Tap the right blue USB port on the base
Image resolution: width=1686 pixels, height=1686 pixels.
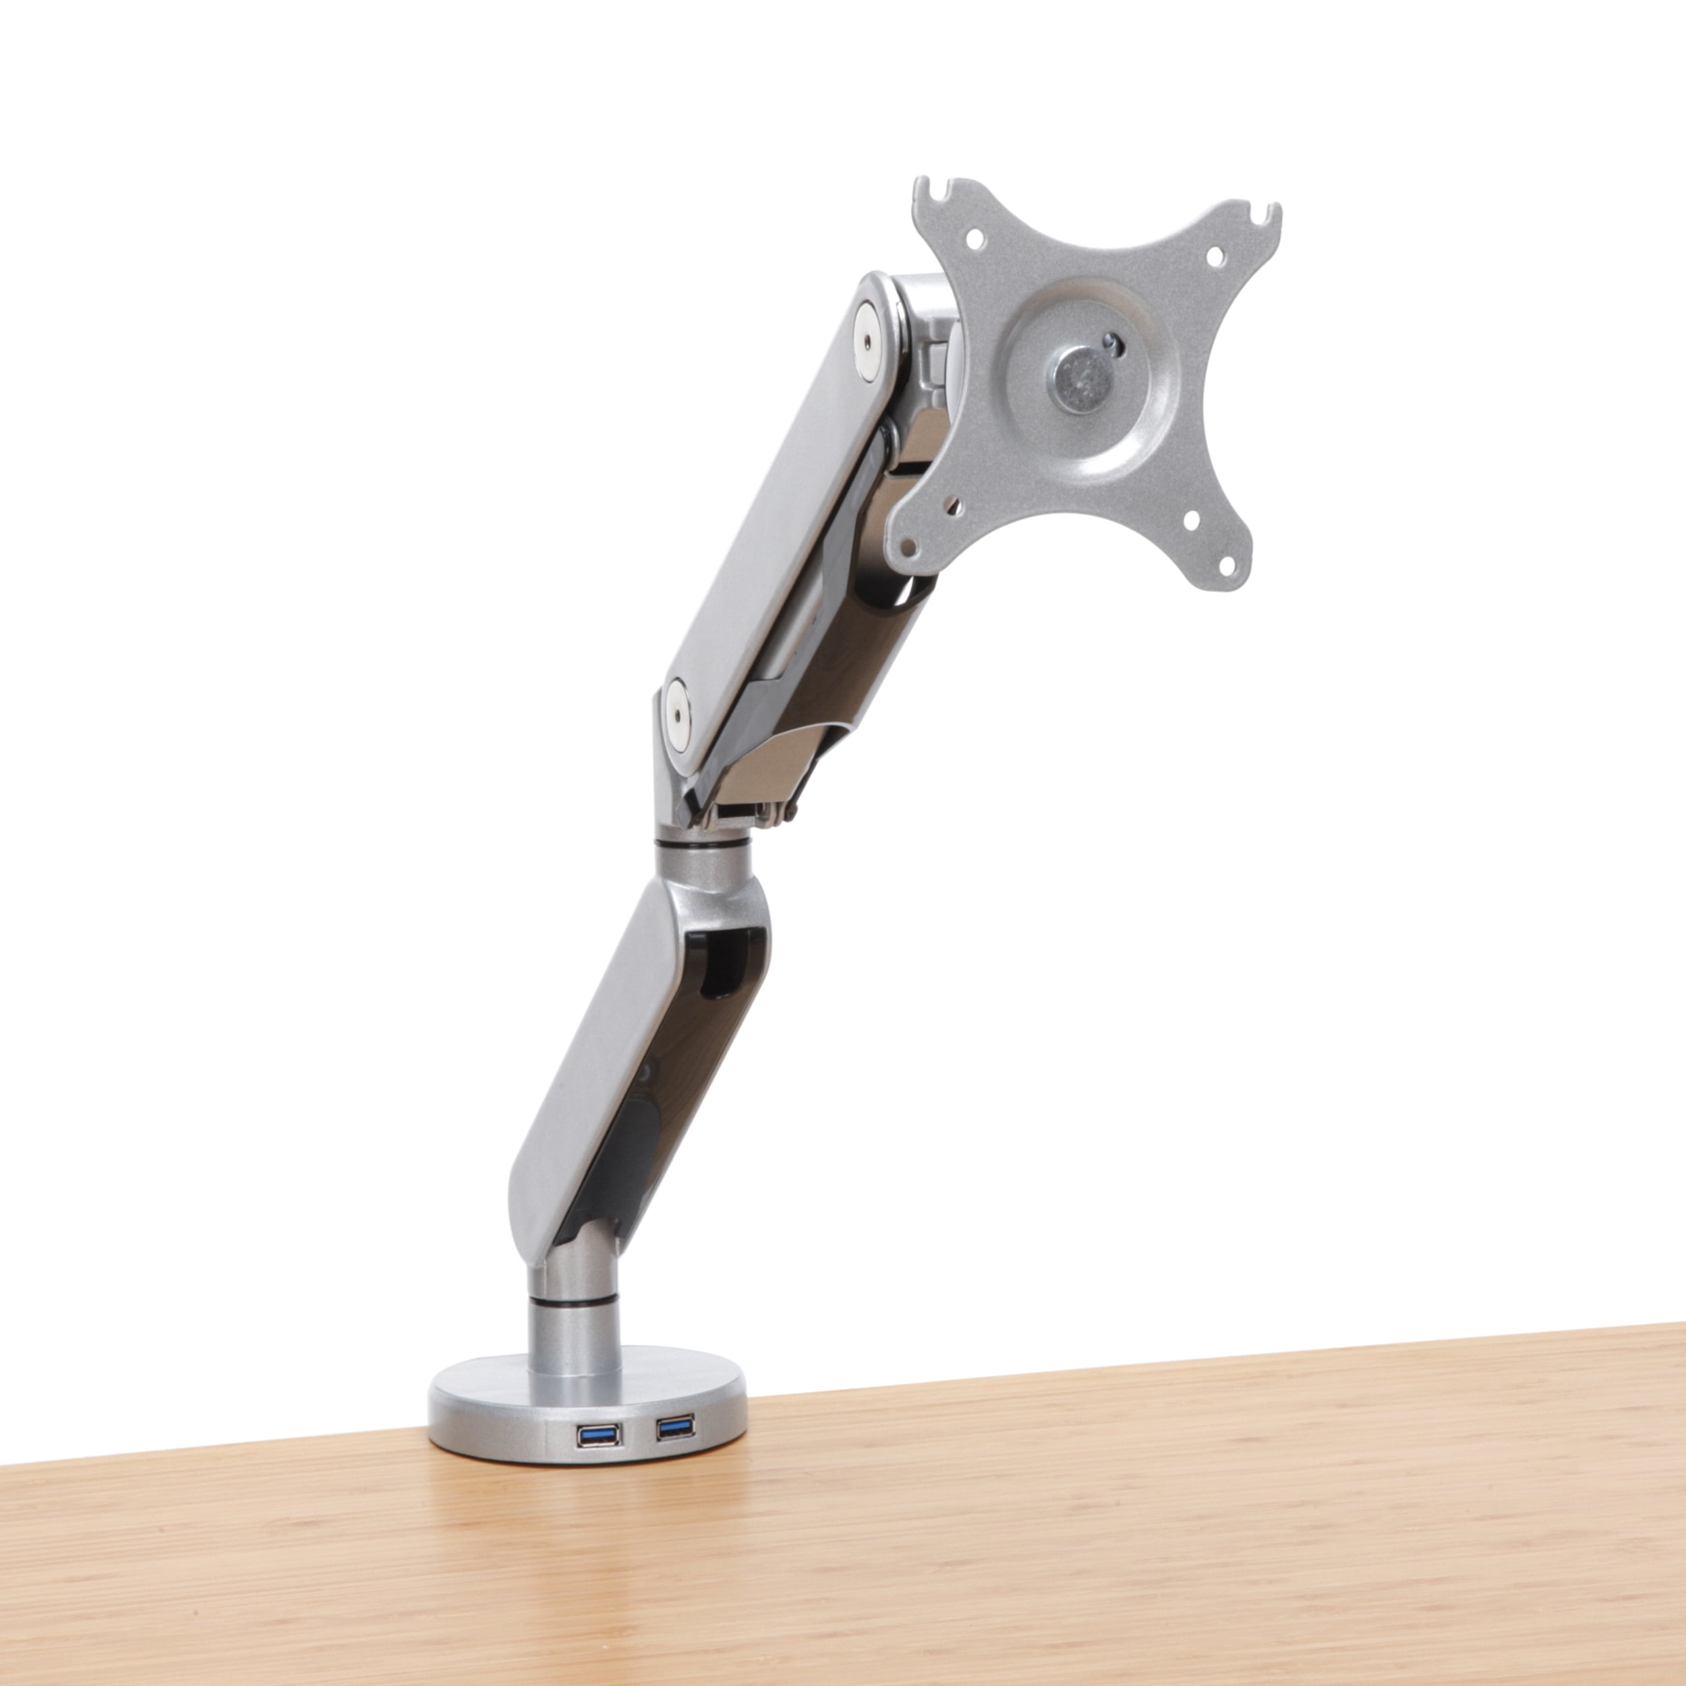coord(676,1428)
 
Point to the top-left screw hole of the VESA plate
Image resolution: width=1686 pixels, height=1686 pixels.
coord(975,237)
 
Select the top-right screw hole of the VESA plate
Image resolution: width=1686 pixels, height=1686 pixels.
coord(1214,256)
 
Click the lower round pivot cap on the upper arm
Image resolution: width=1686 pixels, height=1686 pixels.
coord(676,706)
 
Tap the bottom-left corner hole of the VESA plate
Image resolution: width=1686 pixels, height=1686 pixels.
coord(908,547)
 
